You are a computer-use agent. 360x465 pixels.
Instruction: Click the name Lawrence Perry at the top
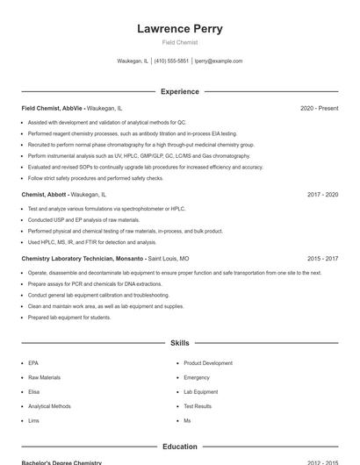click(x=180, y=29)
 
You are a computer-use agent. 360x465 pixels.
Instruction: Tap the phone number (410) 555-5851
click(x=171, y=61)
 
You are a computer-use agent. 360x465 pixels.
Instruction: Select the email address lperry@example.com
click(x=219, y=61)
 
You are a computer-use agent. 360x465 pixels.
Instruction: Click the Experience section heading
click(x=180, y=91)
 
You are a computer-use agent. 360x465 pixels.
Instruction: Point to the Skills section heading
click(x=180, y=343)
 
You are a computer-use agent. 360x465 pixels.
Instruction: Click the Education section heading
click(x=180, y=447)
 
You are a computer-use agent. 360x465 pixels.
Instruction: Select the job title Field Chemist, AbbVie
click(x=53, y=108)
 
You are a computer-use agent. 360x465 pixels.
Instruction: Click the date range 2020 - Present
click(x=319, y=108)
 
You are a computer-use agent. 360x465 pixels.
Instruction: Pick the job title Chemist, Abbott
click(x=45, y=194)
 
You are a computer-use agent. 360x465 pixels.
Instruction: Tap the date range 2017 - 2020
click(x=322, y=194)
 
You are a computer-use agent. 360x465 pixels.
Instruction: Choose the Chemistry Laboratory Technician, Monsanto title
click(x=83, y=259)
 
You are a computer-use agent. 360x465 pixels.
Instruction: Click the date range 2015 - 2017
click(x=322, y=259)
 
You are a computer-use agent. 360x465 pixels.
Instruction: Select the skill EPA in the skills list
click(x=33, y=363)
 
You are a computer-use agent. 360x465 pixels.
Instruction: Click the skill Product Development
click(x=208, y=363)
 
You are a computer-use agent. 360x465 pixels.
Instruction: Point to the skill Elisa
click(x=34, y=392)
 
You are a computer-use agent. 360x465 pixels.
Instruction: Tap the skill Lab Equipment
click(x=201, y=392)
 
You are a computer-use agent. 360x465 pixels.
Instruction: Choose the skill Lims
click(x=33, y=421)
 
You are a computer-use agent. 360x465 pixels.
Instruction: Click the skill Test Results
click(x=198, y=406)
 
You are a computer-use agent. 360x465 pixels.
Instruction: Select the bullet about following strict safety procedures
click(x=96, y=178)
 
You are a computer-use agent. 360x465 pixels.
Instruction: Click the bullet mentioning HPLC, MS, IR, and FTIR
click(x=92, y=242)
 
